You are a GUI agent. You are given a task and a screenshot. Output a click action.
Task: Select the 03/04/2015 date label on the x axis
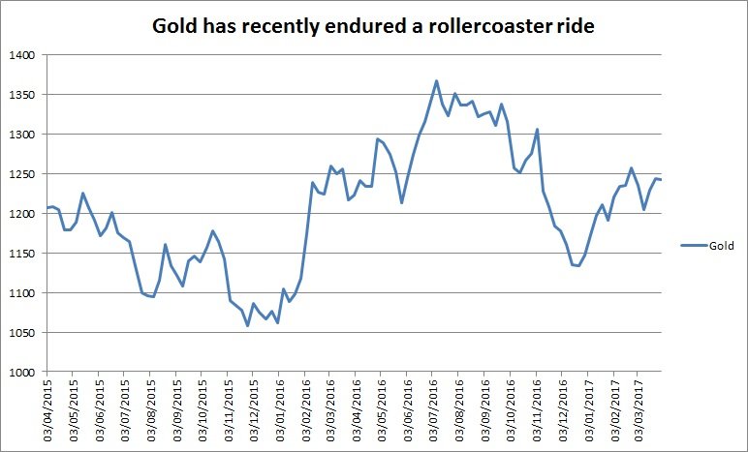coord(47,413)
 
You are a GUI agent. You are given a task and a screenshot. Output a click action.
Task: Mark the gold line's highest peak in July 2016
coord(437,81)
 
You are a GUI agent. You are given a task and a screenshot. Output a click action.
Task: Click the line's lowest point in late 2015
coord(247,325)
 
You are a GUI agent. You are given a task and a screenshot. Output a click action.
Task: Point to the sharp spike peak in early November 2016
coord(537,130)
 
